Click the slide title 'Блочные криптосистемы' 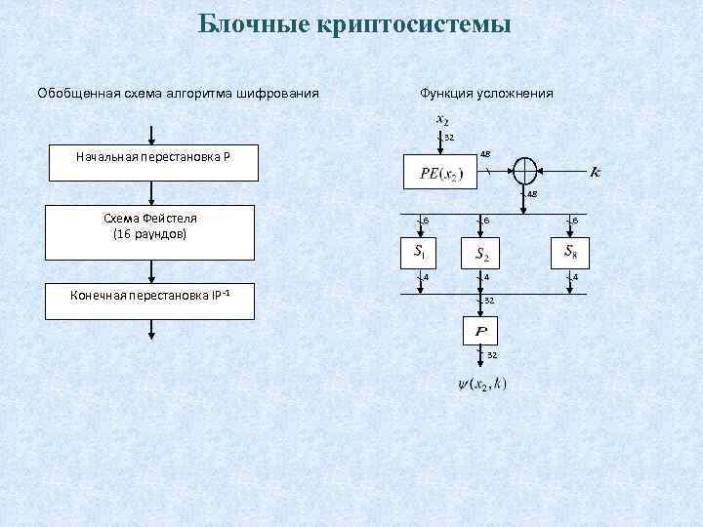tap(354, 22)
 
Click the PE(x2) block tap(442, 174)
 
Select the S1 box tap(418, 253)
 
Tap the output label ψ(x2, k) tap(481, 384)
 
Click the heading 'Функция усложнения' tap(485, 93)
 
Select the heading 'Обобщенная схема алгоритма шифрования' tap(178, 93)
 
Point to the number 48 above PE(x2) tap(485, 153)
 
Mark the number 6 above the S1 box tap(425, 222)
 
